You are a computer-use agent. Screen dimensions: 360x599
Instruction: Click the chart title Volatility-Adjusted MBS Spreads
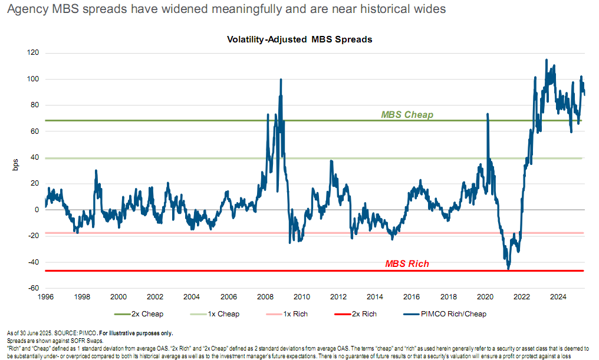click(x=299, y=39)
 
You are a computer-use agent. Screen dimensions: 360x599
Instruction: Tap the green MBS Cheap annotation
click(x=407, y=115)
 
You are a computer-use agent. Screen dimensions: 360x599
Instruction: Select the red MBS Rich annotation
click(x=407, y=264)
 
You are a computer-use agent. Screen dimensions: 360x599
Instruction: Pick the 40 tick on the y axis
click(x=34, y=157)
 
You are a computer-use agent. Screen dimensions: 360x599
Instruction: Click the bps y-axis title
click(x=16, y=164)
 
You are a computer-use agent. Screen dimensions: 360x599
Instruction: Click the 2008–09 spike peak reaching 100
click(x=281, y=80)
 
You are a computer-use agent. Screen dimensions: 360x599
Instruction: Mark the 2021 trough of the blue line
click(x=508, y=269)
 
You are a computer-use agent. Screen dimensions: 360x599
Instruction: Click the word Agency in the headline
click(x=23, y=10)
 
